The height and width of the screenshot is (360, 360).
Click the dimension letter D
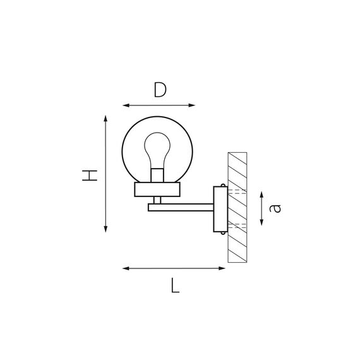point(159,90)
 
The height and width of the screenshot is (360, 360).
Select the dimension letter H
point(92,174)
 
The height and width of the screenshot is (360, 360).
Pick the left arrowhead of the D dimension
point(124,105)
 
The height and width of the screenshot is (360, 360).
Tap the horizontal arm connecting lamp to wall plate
point(183,207)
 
